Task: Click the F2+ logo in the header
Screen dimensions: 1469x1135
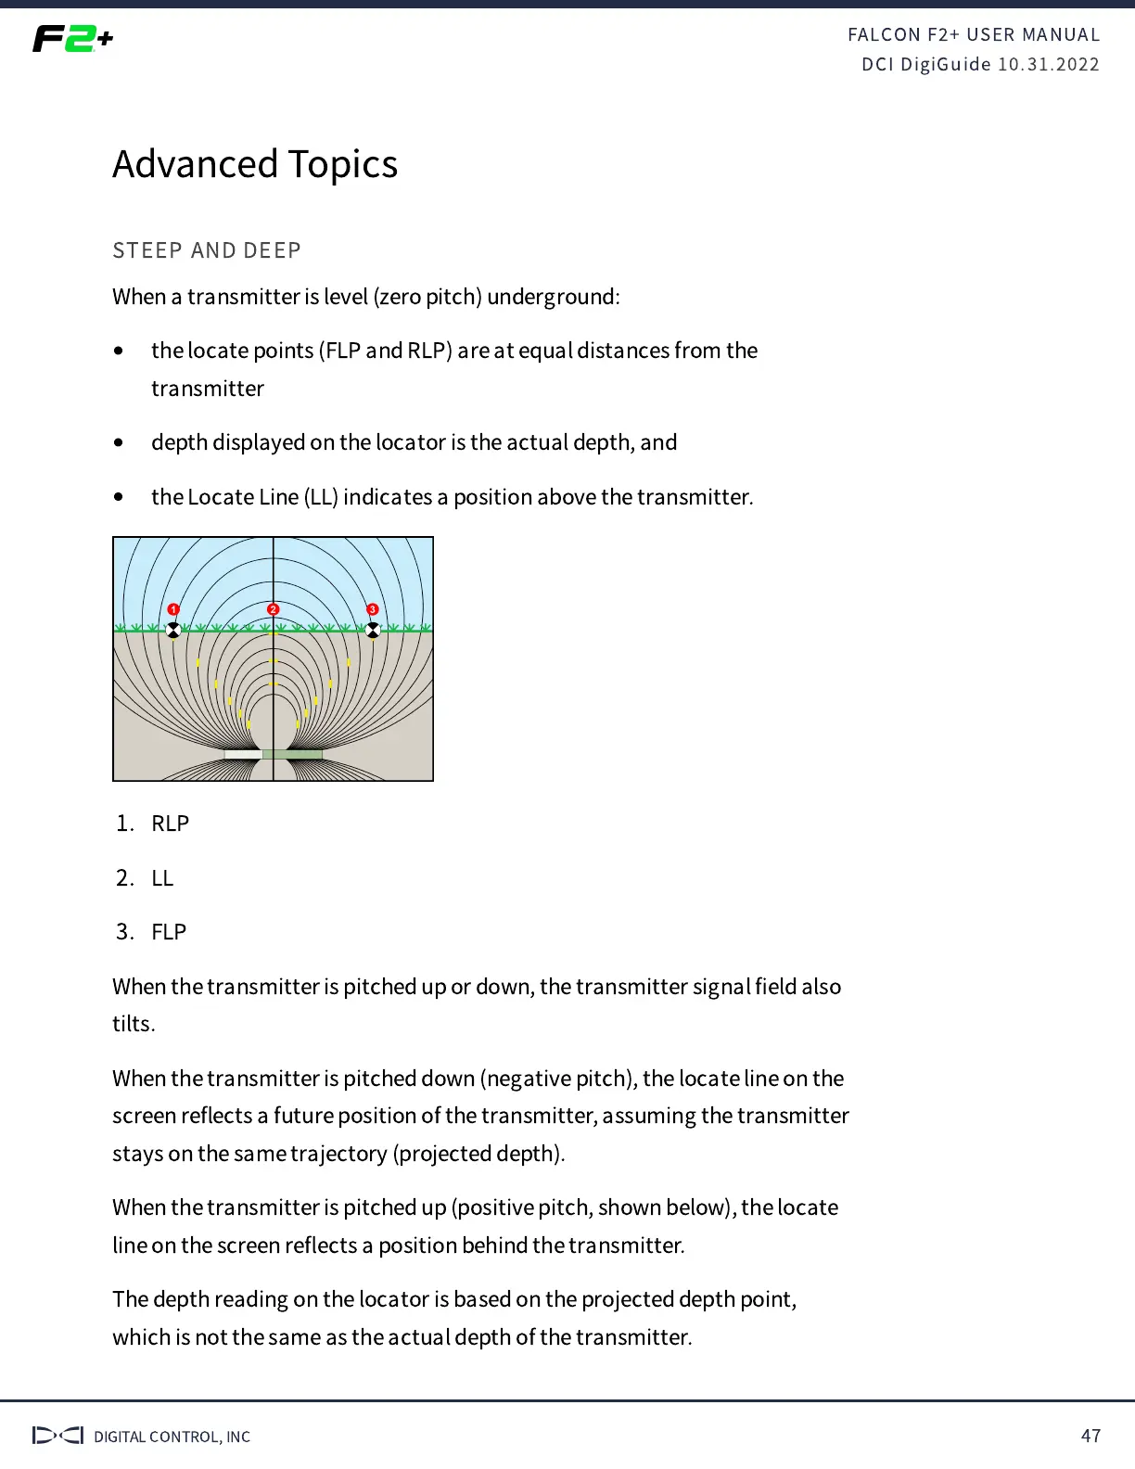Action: tap(72, 39)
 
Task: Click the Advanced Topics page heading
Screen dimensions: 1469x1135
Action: tap(255, 164)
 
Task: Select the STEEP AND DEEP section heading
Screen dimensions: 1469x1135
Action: tap(207, 250)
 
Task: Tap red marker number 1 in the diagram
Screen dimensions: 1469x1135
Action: tap(173, 609)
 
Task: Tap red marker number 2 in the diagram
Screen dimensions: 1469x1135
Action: tap(273, 609)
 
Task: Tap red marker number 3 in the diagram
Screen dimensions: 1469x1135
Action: tap(373, 609)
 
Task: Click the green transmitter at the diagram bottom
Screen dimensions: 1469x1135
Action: tap(292, 754)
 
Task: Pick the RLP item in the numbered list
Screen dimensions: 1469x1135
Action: tap(170, 824)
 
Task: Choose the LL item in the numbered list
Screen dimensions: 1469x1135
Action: tap(162, 877)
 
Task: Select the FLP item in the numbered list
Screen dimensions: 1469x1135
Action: tap(169, 931)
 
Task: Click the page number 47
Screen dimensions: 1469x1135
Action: tap(1090, 1436)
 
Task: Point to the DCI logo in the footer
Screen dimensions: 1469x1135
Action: tap(57, 1436)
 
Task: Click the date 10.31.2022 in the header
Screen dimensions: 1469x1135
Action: tap(1049, 65)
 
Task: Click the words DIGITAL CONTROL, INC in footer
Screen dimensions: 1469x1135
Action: tap(172, 1437)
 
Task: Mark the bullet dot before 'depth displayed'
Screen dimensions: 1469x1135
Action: tap(119, 442)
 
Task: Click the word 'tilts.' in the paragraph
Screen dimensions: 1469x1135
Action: tap(134, 1024)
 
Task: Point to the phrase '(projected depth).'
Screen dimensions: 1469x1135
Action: tap(478, 1154)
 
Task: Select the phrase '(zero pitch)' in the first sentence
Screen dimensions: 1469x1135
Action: tap(427, 297)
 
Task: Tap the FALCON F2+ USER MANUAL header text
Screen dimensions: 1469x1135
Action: tap(974, 35)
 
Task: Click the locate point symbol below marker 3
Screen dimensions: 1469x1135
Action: tap(373, 631)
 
